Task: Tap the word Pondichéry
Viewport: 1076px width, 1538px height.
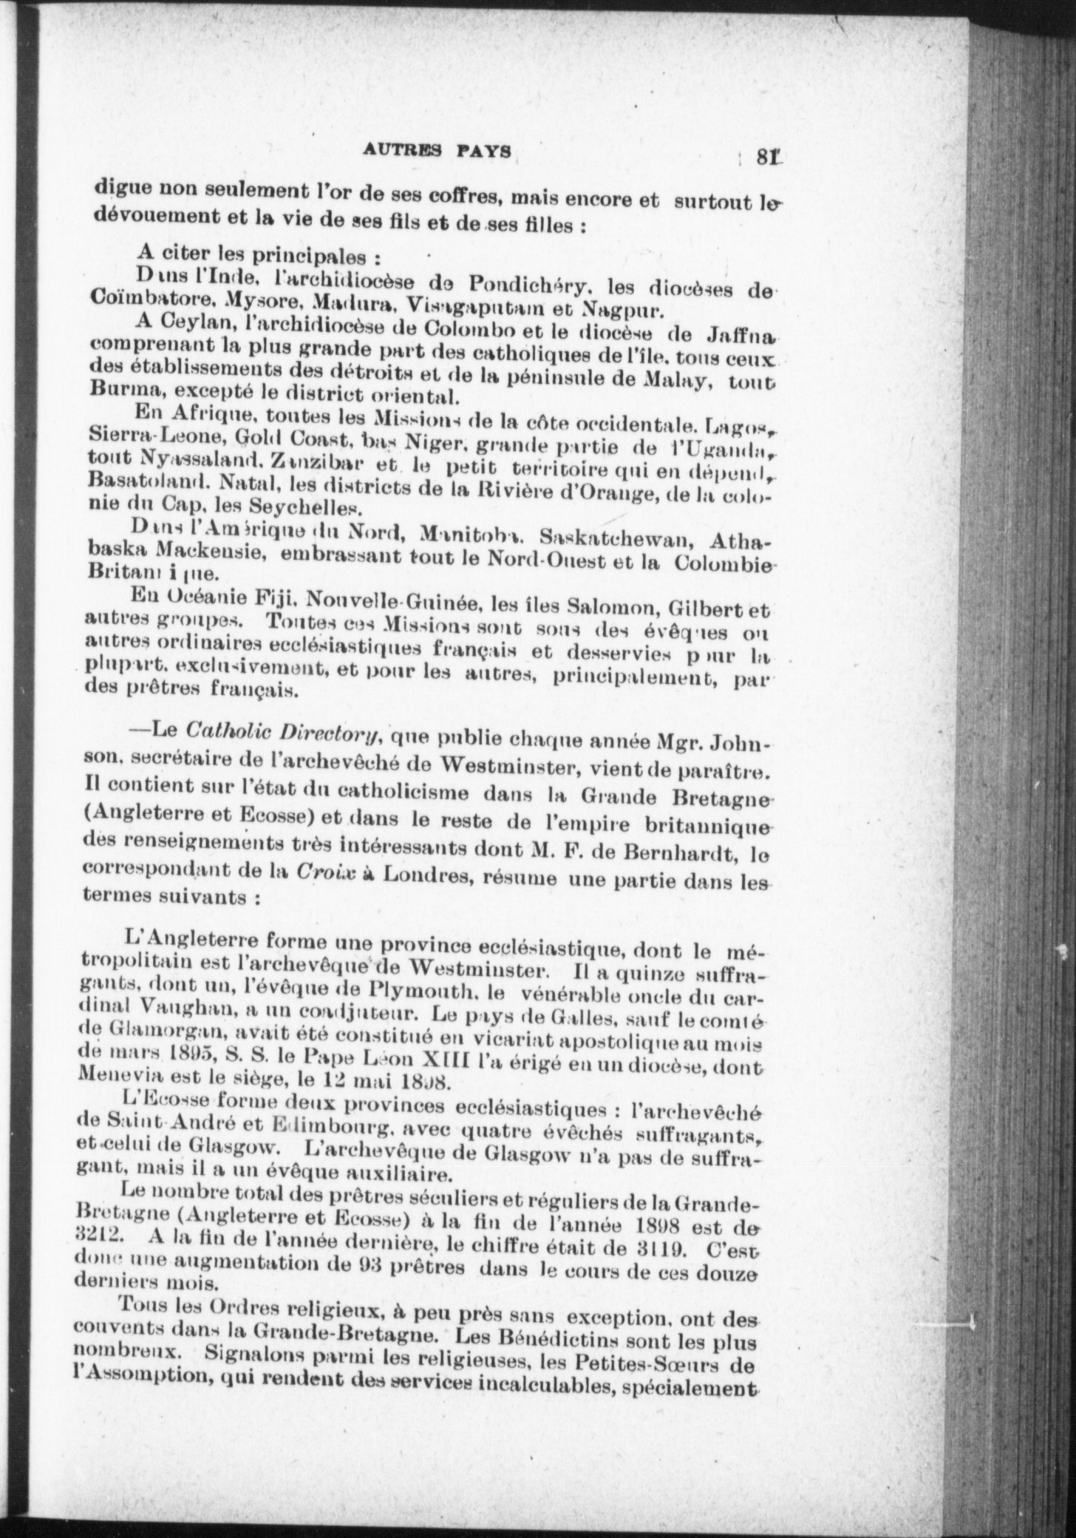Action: tap(527, 285)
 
